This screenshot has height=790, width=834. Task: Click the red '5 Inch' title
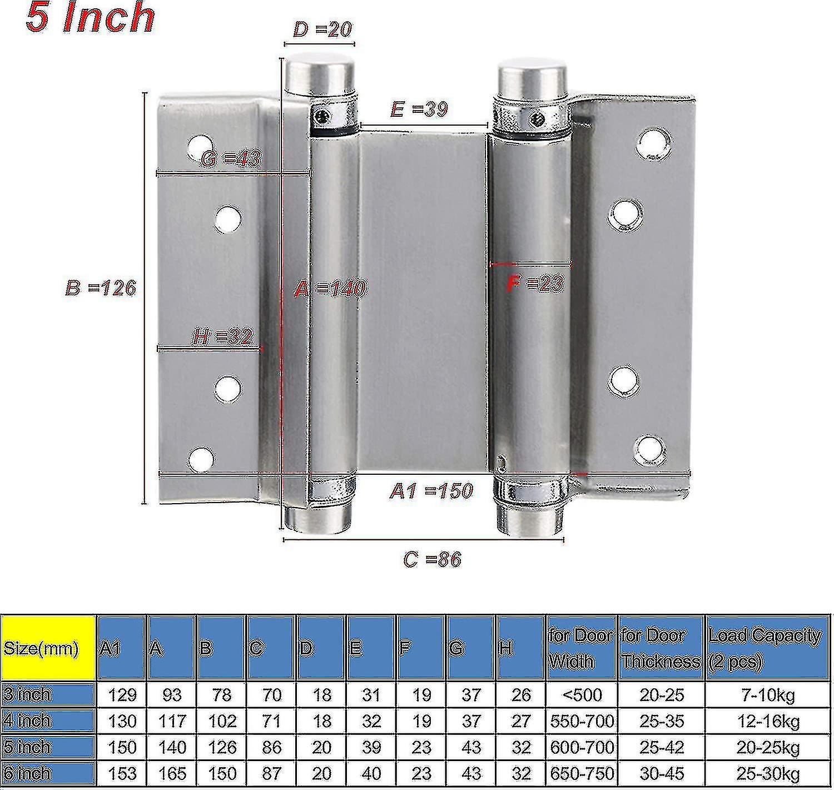click(90, 18)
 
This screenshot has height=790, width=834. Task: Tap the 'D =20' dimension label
click(322, 29)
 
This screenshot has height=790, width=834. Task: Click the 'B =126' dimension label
click(101, 288)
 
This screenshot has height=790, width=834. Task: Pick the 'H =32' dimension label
click(222, 336)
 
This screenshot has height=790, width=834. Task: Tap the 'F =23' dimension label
click(534, 284)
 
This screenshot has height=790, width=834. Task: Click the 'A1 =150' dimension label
click(431, 491)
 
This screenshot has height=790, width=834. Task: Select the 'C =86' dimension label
click(432, 559)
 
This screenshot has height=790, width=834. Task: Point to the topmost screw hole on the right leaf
click(653, 143)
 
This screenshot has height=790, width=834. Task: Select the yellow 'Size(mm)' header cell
click(48, 648)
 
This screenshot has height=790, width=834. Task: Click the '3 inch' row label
click(47, 694)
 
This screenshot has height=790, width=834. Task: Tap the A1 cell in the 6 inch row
click(122, 773)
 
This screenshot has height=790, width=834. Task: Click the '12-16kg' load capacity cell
click(768, 721)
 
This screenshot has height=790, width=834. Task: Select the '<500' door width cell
click(582, 694)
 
